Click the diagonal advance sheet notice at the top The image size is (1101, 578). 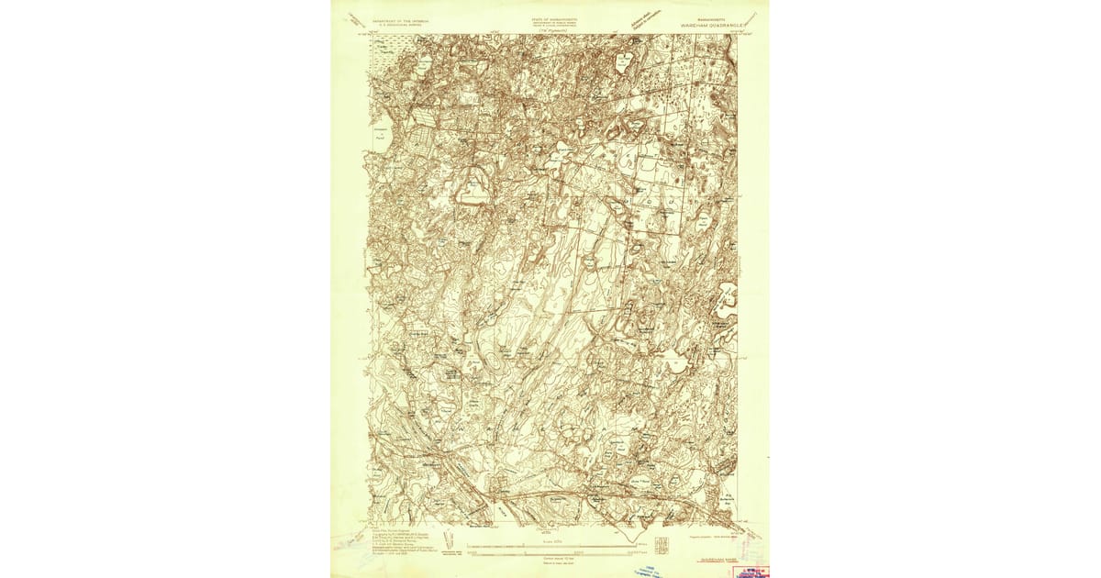pos(646,19)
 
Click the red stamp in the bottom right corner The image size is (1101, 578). pos(750,570)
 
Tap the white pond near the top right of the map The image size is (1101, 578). pos(626,62)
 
